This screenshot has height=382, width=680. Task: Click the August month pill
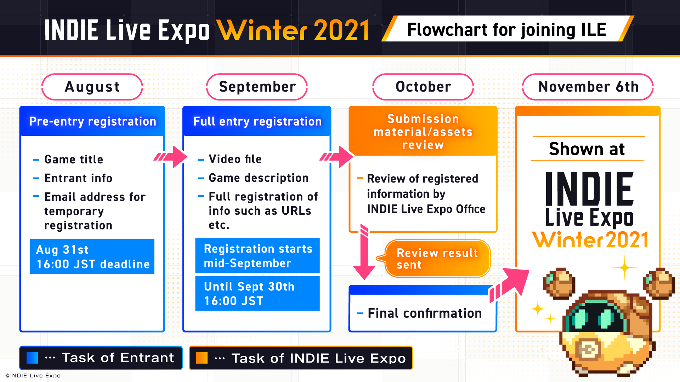coord(92,87)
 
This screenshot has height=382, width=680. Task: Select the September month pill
coord(257,87)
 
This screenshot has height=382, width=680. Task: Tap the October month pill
coord(423,87)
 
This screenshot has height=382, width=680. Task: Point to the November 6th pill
coord(588,87)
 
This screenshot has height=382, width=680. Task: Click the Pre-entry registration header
coord(92,121)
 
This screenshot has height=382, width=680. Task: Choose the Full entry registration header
coord(257,121)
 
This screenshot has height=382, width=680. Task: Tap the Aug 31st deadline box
coord(92,256)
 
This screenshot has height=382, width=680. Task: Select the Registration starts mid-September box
coord(257,255)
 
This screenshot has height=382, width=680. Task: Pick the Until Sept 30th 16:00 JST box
coord(257,293)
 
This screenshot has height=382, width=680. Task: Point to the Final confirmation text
coord(425,313)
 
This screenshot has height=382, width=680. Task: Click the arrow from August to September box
coord(170,156)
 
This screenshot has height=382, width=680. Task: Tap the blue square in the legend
coord(32,358)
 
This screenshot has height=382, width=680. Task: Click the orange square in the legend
coord(202,358)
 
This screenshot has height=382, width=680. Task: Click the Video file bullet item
coord(229,159)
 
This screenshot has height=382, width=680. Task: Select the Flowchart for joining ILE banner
coord(507,29)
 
